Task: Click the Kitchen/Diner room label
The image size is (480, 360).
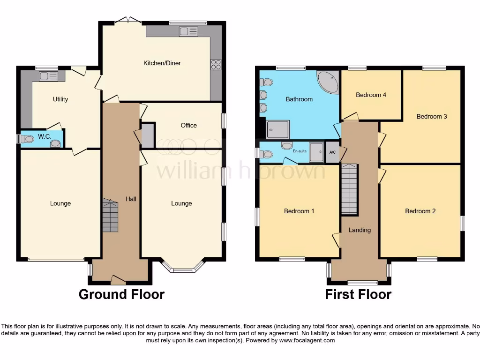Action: pos(162,63)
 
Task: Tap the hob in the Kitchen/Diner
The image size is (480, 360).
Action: pos(216,65)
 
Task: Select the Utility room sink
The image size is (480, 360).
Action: pos(48,76)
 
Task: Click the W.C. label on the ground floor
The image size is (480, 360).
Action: pos(45,136)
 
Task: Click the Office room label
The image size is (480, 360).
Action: pos(188,125)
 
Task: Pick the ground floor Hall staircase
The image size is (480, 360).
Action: pos(110,216)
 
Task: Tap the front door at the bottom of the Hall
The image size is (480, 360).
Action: pos(118,280)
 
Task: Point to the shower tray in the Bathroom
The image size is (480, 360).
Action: pos(278,129)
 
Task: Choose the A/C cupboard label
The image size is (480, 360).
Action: pos(332,152)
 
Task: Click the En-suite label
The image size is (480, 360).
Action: pos(299,152)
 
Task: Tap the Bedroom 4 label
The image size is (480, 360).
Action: pos(371,95)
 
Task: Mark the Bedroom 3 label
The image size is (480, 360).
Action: pos(432,116)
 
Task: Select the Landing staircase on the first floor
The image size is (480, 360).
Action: pos(349,189)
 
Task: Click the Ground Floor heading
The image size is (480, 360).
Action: pos(121,294)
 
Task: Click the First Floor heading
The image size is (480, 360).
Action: pos(358,294)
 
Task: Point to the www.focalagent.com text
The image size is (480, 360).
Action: pos(307,340)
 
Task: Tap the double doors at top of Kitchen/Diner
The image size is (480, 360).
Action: pos(128,20)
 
